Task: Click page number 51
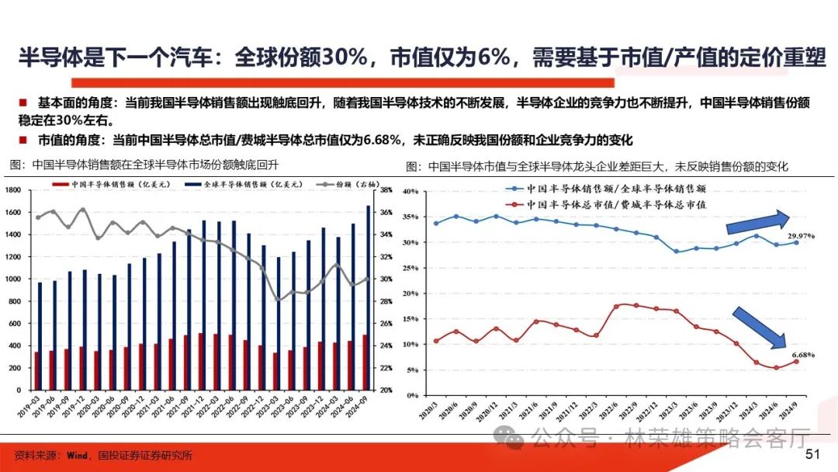tap(813, 454)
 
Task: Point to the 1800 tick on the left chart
tap(12, 190)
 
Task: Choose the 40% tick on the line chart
tap(411, 191)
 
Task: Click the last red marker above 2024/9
tap(796, 361)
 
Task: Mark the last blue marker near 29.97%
tap(796, 242)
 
